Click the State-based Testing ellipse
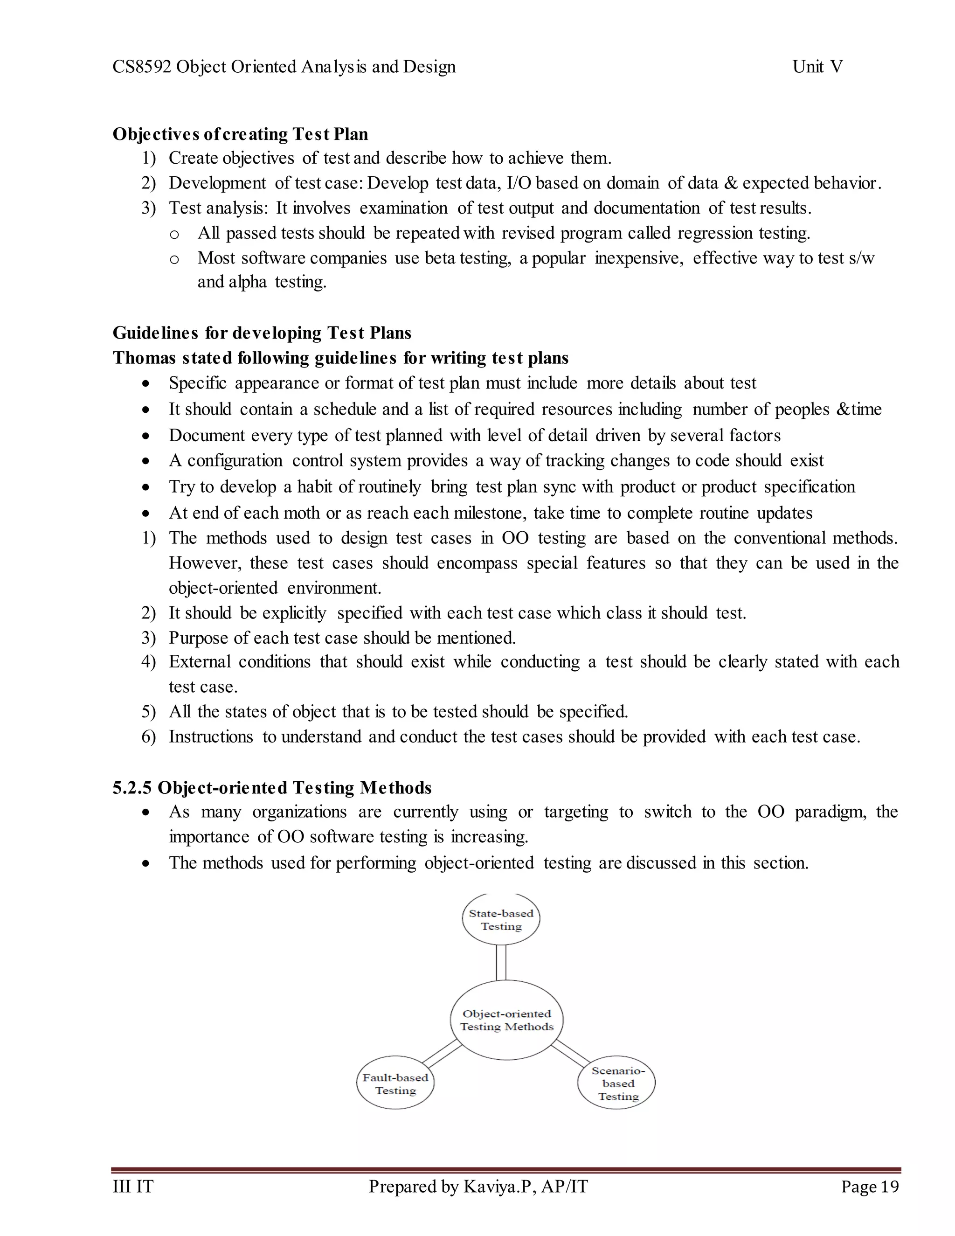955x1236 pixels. click(501, 919)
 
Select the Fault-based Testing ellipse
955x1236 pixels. click(395, 1083)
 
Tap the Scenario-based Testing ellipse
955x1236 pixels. click(616, 1083)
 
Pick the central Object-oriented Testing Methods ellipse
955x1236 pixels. click(506, 1020)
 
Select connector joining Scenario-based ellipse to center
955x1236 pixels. click(570, 1053)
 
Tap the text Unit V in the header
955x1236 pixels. click(817, 67)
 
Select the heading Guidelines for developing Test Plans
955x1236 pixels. click(262, 333)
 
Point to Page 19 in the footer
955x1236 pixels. click(870, 1186)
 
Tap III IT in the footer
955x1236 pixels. click(133, 1186)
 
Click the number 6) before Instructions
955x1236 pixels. click(148, 737)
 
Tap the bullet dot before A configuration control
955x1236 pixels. click(146, 461)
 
